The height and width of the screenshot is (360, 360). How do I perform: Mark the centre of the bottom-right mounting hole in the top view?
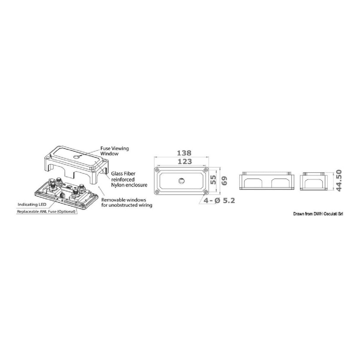coord(206,191)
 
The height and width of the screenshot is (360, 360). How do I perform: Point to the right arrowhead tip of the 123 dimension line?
coord(206,165)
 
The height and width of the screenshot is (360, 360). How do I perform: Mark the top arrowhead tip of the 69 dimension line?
coord(220,167)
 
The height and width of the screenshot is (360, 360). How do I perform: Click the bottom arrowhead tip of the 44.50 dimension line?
coord(334,190)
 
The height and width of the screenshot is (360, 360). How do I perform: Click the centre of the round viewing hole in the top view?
coord(181,181)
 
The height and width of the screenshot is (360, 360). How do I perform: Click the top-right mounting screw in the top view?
coord(206,170)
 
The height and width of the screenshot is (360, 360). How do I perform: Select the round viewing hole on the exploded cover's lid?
coord(76,157)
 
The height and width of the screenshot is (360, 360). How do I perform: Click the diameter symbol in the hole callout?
coord(218,201)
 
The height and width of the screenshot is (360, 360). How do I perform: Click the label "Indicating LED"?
coord(32,204)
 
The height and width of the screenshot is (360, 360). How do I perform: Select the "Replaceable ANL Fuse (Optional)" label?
coord(46,212)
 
